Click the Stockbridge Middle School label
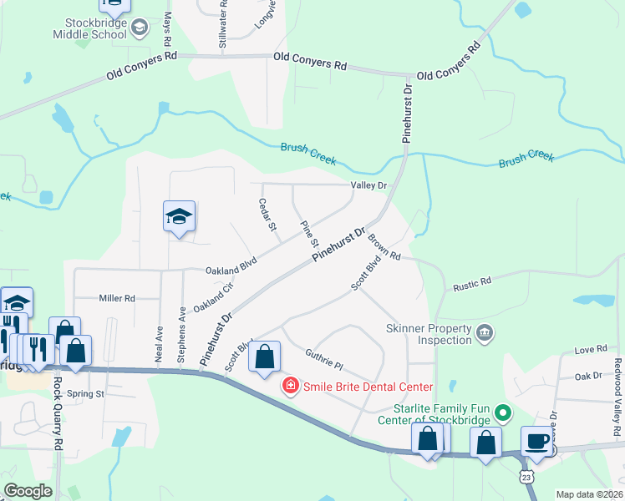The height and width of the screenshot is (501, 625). coord(90,28)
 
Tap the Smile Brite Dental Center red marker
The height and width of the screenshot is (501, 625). coord(290,386)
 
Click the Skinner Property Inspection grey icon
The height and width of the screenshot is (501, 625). coord(484,335)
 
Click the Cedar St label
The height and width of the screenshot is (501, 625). coord(267,216)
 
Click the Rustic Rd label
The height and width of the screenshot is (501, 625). coord(472,286)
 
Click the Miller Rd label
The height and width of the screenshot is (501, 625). coord(117,298)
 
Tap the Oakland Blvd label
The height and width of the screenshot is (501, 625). coord(231,271)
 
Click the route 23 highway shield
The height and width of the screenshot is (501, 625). coord(526,476)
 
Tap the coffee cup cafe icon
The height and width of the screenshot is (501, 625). coord(536,440)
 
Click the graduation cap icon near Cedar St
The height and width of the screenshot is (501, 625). coord(180,217)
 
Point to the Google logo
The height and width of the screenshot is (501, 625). coord(28,491)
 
